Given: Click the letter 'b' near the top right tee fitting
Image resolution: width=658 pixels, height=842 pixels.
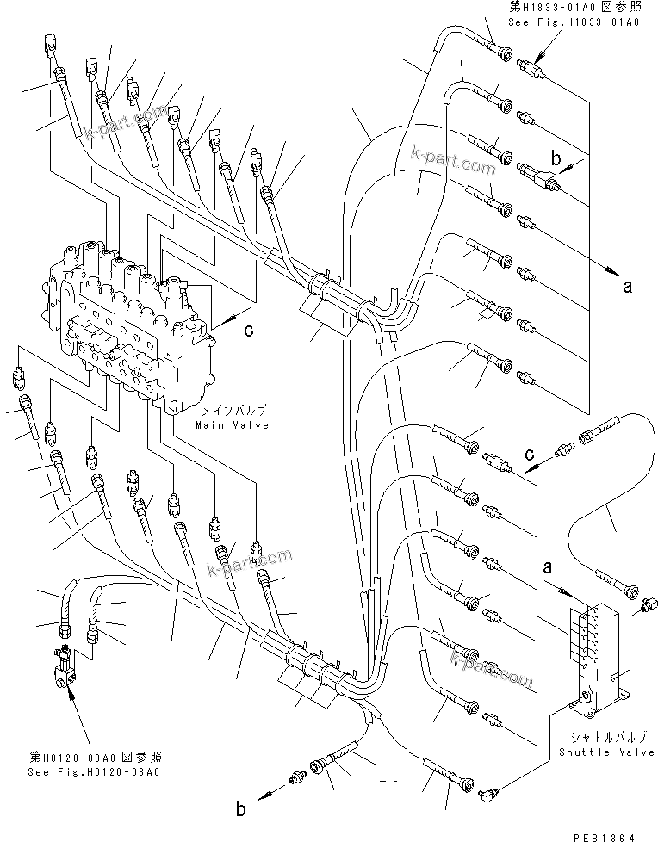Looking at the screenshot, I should click(556, 159).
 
